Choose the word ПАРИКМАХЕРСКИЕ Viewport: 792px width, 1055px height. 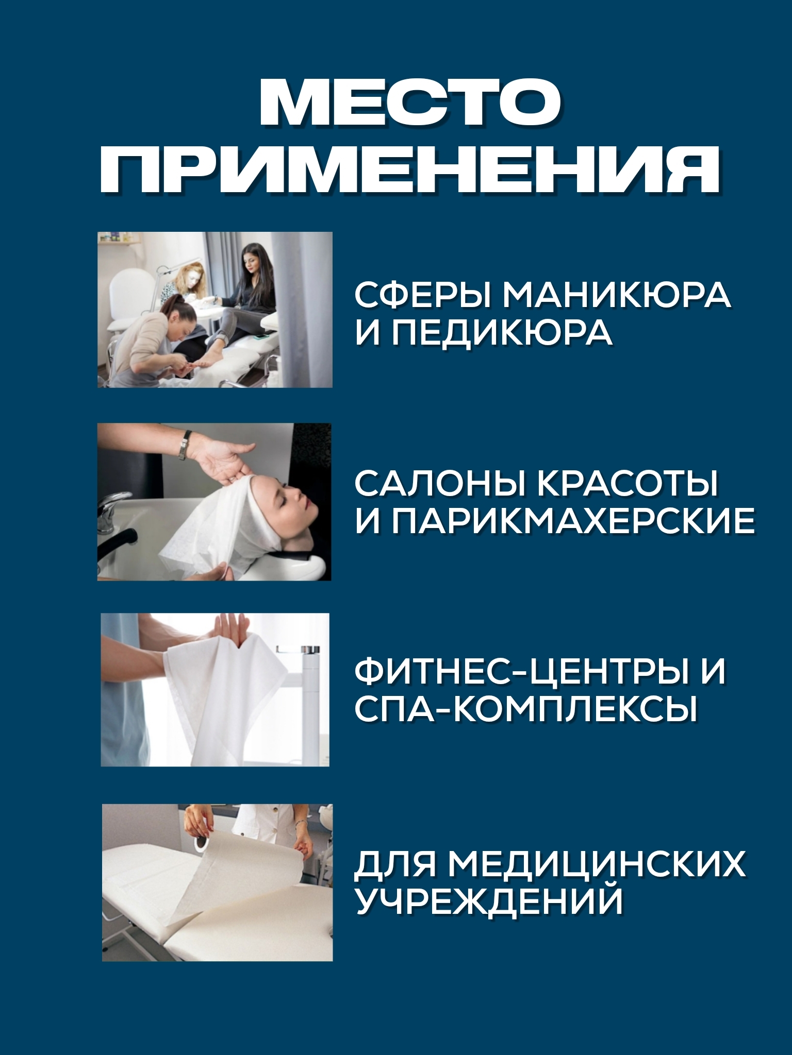pos(573,522)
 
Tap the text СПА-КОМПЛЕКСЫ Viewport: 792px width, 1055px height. pos(526,709)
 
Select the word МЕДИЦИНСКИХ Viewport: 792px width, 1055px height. pos(600,864)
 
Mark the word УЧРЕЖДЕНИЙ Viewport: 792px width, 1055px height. pos(489,900)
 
